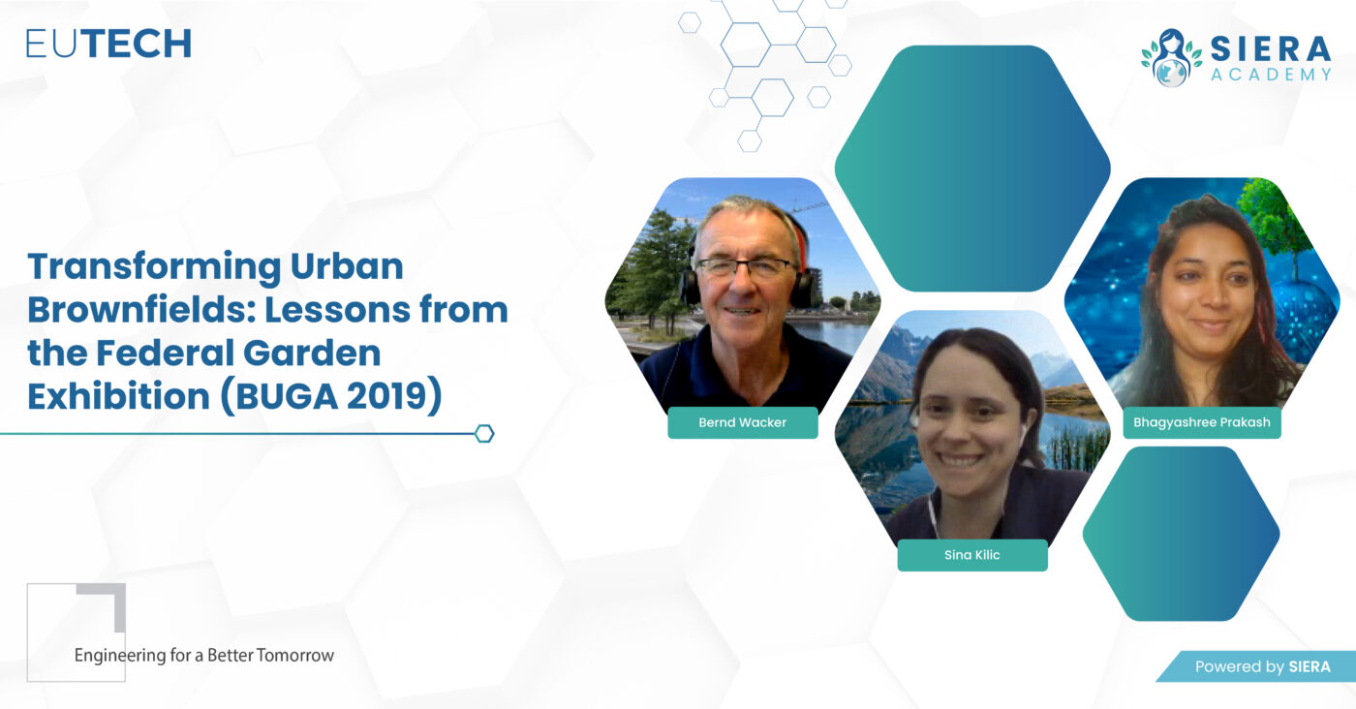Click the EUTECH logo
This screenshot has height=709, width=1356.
(108, 44)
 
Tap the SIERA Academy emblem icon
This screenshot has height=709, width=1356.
(1171, 58)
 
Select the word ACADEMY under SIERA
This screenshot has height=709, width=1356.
(1271, 75)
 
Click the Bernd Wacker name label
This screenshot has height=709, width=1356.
(743, 422)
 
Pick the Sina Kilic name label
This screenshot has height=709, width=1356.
(972, 555)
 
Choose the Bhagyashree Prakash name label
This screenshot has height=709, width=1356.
(1202, 422)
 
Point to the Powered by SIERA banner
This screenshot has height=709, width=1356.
(1256, 666)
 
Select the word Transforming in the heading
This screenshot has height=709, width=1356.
(154, 267)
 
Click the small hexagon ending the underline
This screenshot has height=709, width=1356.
(484, 434)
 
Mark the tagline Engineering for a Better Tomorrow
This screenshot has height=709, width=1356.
(204, 656)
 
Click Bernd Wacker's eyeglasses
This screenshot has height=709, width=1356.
(746, 267)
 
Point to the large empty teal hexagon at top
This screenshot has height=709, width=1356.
(972, 169)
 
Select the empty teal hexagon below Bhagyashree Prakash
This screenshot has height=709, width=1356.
(1181, 534)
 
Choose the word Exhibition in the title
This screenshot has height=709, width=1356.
(118, 396)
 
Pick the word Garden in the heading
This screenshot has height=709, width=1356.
(311, 353)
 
